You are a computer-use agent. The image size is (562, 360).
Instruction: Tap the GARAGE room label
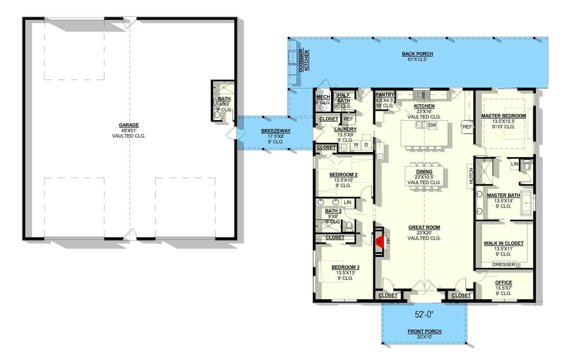(129, 125)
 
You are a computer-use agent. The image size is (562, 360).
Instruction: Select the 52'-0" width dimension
(424, 315)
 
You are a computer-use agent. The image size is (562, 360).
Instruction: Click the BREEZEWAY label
(276, 130)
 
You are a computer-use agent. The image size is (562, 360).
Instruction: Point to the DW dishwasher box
(432, 125)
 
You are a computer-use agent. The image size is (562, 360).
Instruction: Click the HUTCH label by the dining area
(471, 176)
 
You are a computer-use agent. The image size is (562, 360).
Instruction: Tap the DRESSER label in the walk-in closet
(504, 265)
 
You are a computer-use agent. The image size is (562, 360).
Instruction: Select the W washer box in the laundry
(356, 144)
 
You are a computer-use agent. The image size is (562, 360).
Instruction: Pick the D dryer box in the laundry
(366, 144)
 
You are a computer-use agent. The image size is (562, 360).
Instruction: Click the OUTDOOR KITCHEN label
(304, 61)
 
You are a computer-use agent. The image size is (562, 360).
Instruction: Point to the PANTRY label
(385, 95)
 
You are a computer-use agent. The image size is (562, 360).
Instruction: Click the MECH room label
(323, 97)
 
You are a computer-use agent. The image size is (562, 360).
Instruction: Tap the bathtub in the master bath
(526, 203)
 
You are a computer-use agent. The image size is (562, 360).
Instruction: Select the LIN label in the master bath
(515, 164)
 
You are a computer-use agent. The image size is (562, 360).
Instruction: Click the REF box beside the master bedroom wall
(467, 126)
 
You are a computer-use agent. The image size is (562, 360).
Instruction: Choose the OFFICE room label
(503, 283)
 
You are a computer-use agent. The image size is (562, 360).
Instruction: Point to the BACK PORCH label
(417, 54)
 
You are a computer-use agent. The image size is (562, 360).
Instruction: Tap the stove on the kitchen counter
(421, 95)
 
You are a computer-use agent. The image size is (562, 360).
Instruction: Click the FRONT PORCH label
(425, 331)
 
